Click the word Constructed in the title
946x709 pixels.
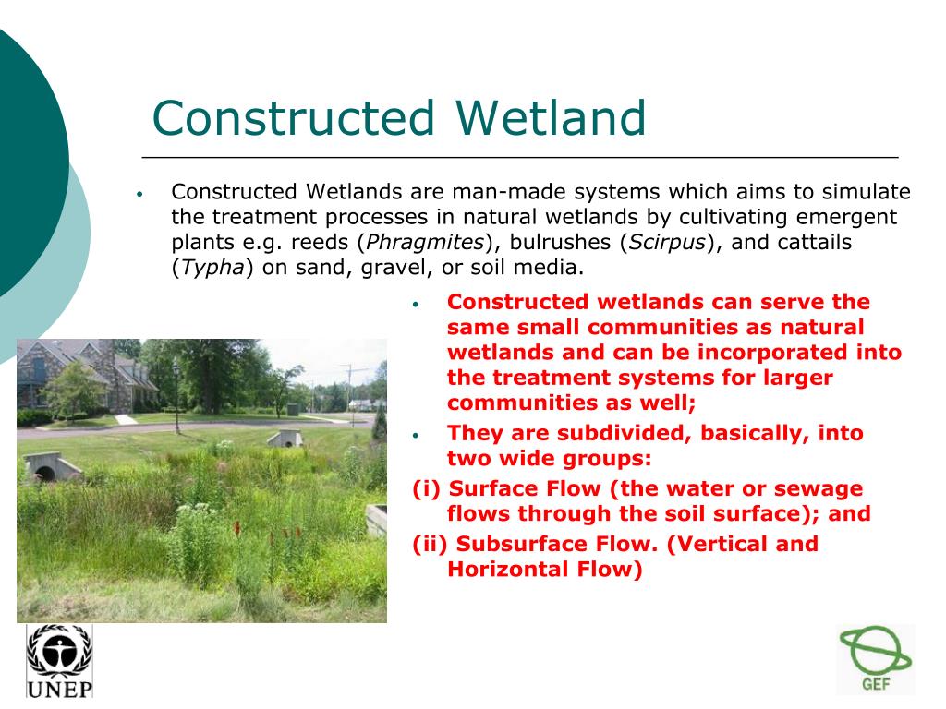[293, 117]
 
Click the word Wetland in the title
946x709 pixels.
[551, 117]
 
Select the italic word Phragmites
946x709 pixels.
[425, 242]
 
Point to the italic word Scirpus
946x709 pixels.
[667, 242]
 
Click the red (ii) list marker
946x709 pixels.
[430, 544]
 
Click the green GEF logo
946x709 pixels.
[876, 659]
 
